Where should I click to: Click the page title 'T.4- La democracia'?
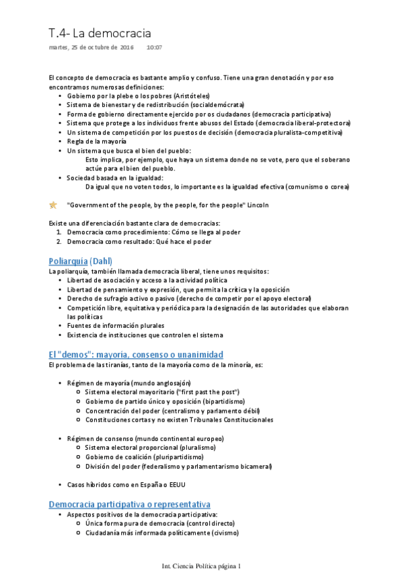click(100, 33)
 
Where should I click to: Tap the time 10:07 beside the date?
click(154, 48)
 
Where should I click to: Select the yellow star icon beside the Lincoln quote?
click(53, 205)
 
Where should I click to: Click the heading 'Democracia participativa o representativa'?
click(130, 504)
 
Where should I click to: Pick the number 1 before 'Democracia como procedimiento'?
click(59, 232)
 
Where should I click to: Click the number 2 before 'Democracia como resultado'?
click(59, 240)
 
